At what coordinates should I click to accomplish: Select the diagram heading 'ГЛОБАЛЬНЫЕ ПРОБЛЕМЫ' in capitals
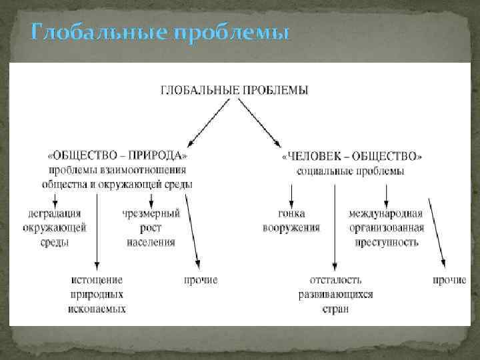(234, 90)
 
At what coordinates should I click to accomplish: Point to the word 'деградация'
(55, 214)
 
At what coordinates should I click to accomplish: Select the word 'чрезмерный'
(151, 214)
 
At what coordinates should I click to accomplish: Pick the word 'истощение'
(98, 280)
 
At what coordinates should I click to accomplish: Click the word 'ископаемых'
(97, 309)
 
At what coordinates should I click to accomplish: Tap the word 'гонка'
(291, 214)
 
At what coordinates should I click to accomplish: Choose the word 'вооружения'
(291, 228)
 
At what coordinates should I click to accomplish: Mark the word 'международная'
(386, 214)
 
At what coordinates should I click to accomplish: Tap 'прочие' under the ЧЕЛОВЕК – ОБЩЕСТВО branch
(449, 280)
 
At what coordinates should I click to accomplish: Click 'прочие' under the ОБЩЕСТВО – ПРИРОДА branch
(201, 280)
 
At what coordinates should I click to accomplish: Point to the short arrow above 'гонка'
(291, 194)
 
